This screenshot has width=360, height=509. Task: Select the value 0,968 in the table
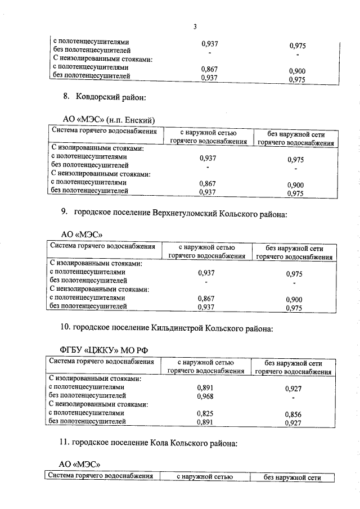click(205, 396)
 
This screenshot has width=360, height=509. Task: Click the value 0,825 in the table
click(205, 413)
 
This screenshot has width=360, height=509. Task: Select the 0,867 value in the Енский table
click(208, 183)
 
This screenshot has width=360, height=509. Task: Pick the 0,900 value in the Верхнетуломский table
click(294, 300)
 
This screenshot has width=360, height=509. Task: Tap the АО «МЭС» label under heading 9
click(81, 234)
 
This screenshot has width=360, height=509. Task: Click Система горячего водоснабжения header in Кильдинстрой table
click(101, 361)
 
